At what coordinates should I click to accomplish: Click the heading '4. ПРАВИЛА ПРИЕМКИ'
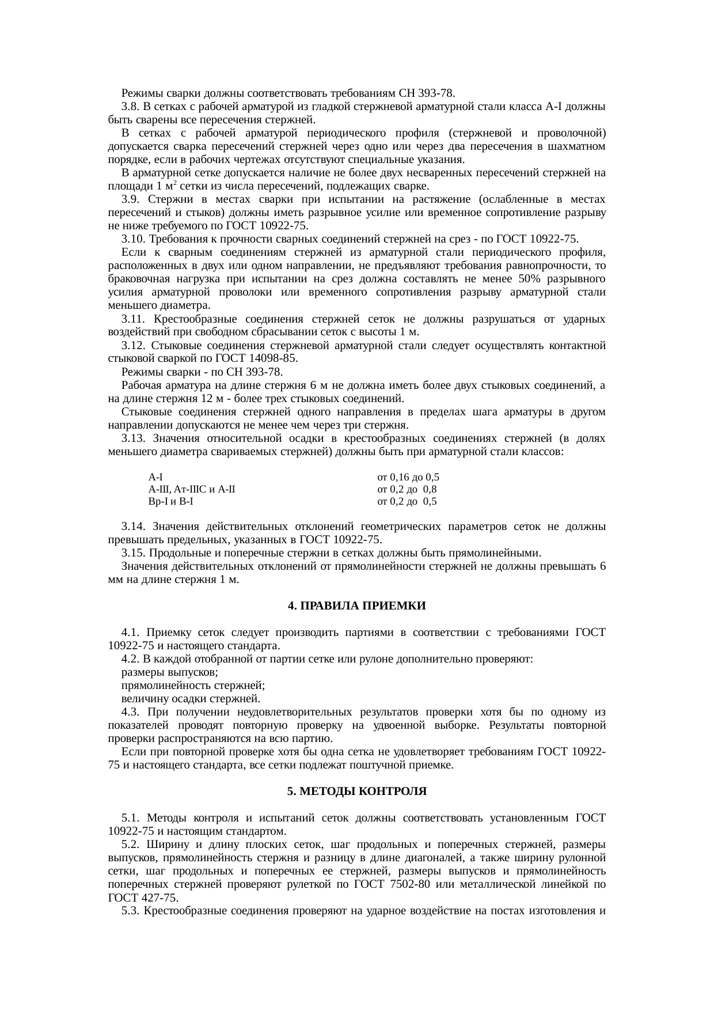coord(356,606)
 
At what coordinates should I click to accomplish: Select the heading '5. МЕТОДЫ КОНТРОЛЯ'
coord(356,792)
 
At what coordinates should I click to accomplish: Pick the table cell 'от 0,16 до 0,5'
coord(408,478)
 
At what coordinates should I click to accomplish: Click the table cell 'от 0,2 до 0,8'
coord(407,490)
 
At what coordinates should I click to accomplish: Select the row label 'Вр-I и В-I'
coord(170,501)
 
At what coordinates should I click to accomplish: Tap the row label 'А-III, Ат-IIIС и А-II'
coord(191,490)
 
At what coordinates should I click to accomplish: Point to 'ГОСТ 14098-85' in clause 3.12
coord(264,358)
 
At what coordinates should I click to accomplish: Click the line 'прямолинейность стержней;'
coord(193,686)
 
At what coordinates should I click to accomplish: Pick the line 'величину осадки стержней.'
coord(191,699)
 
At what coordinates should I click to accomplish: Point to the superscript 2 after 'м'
coord(174,183)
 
